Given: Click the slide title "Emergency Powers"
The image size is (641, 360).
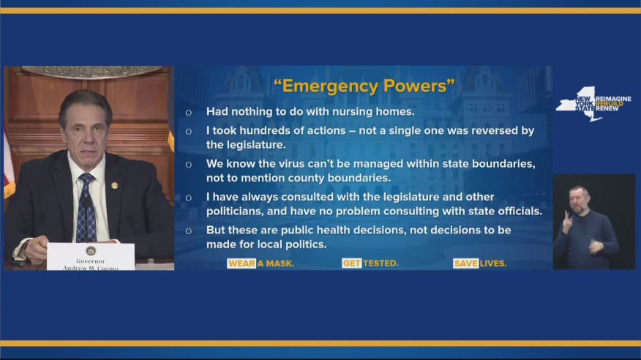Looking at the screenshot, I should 364,86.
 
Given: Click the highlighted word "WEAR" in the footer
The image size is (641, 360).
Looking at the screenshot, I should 241,263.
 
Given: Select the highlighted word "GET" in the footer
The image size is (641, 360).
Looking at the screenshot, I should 352,263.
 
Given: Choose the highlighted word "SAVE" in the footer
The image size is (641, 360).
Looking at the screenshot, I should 465,263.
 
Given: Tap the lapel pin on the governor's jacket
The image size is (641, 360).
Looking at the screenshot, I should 114,185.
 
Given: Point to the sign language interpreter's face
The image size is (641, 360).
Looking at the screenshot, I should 579,200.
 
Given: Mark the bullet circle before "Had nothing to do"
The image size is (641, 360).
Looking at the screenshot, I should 188,113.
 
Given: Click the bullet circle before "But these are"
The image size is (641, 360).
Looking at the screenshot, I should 188,230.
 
